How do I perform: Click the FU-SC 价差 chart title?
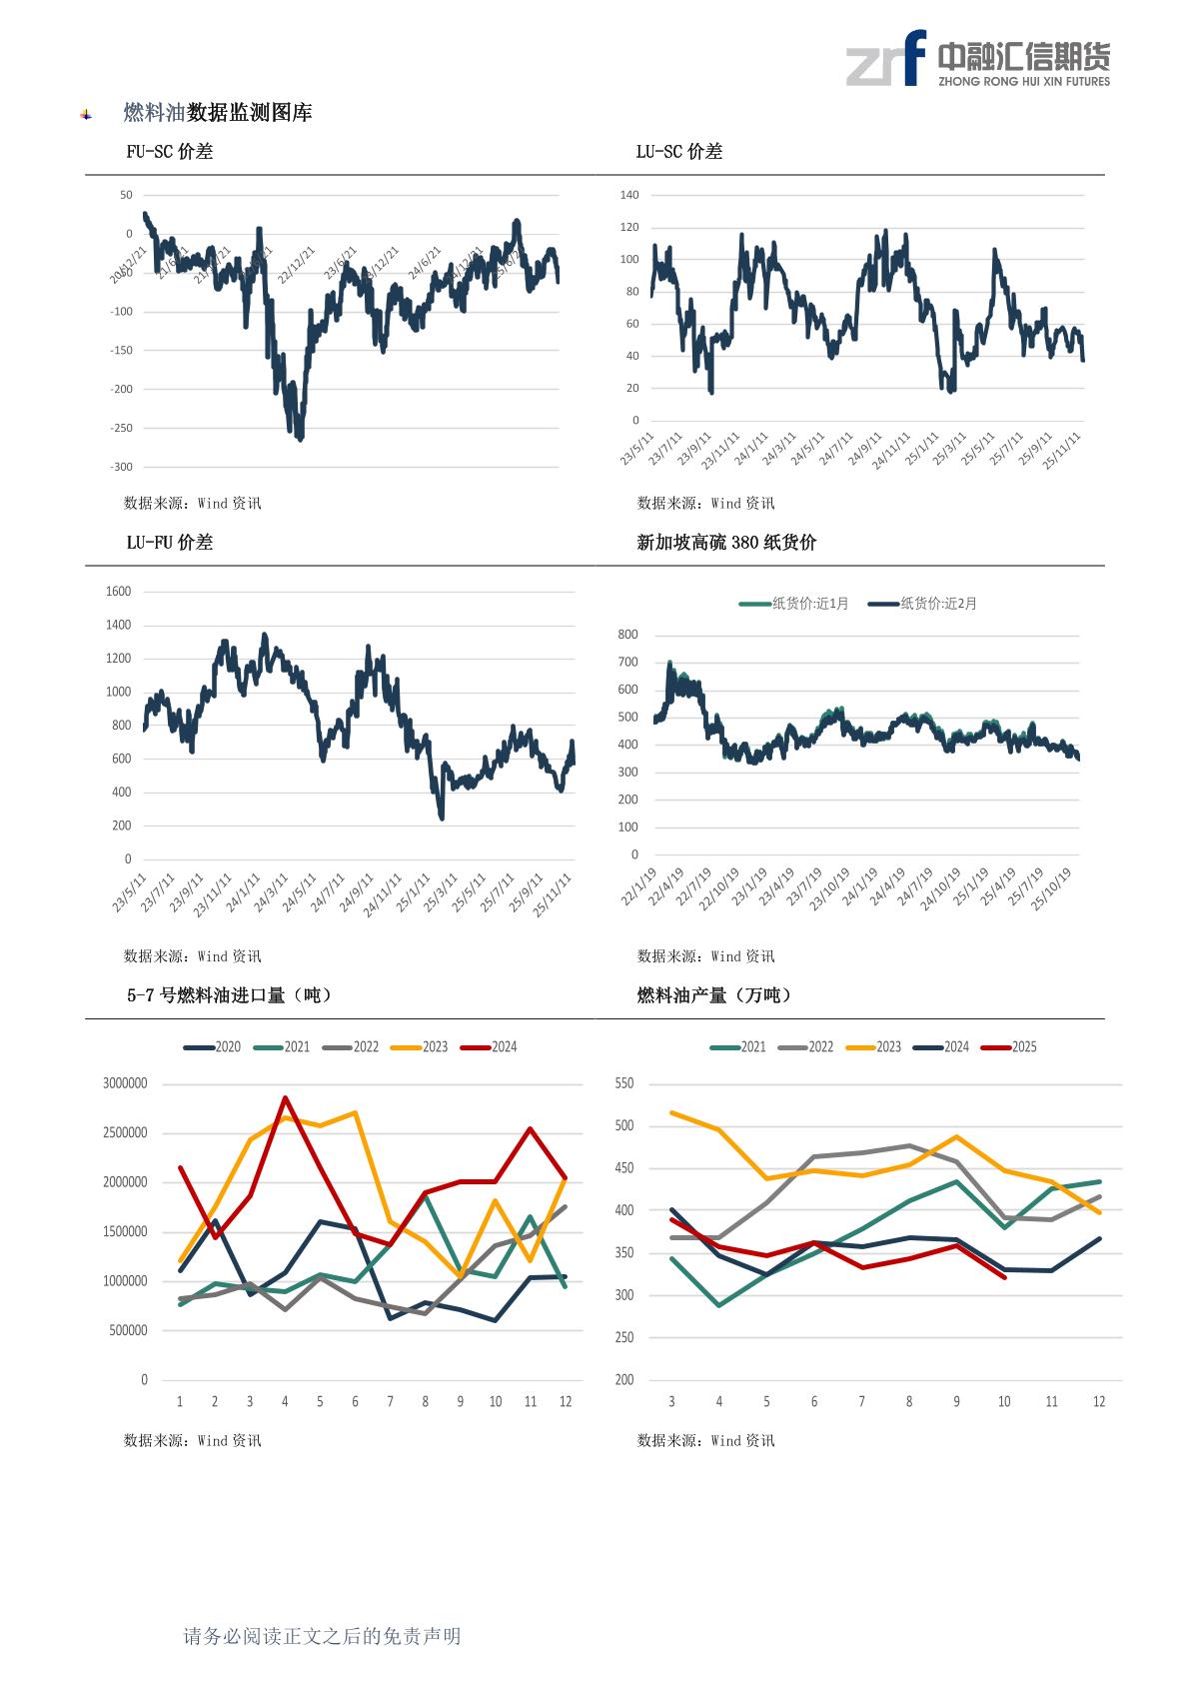point(169,152)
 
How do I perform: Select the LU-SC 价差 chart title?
point(678,152)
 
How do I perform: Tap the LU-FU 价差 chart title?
point(169,543)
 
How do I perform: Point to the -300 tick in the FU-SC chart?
point(121,467)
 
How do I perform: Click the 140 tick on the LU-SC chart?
point(628,195)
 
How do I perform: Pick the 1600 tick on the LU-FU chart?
point(118,592)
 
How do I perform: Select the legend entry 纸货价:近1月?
point(794,604)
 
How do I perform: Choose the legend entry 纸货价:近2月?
point(923,604)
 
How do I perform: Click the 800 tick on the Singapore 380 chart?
point(627,635)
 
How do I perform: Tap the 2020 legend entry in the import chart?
point(213,1047)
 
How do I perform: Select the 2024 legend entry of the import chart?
point(490,1047)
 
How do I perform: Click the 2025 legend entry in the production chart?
point(1010,1047)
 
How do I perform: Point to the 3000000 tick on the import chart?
point(125,1083)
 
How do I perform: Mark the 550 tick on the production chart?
point(624,1083)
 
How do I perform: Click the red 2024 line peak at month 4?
point(285,1097)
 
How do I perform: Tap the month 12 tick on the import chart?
point(566,1402)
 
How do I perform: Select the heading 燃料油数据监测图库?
point(217,113)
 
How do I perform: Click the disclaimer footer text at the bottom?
point(322,1636)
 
